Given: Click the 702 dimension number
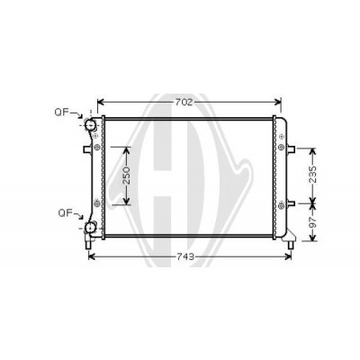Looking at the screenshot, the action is coord(183,103).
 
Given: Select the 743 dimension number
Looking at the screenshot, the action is coord(185,256).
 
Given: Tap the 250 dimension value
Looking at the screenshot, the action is coord(127,175).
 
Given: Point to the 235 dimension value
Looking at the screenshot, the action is coord(313,175).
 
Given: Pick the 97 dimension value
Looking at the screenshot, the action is coord(313,222).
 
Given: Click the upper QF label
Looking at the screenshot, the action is coord(61,112).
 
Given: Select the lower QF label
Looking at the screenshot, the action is coord(65,213).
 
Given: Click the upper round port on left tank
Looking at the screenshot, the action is coord(90,124).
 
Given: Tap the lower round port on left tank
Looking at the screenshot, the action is coord(90,228).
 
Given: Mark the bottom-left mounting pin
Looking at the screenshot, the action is coord(88,244).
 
